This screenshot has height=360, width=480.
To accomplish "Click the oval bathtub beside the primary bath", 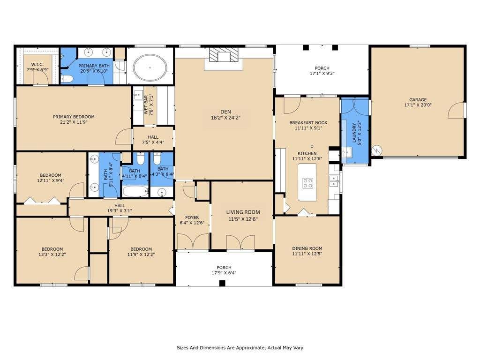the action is (150, 67).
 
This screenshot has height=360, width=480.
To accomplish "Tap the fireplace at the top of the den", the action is (224, 56).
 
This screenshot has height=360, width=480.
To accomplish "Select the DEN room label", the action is (225, 112).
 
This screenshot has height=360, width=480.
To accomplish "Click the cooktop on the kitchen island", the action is (308, 183).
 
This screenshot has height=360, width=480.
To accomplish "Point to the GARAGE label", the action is (418, 100).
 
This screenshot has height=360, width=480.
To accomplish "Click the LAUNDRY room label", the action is (354, 133).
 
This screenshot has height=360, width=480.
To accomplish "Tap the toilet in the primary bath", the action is (67, 79).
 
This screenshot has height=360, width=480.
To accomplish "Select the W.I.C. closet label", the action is (37, 65).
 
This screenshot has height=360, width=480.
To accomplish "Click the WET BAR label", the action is (146, 105).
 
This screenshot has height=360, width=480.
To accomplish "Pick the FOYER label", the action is (192, 217).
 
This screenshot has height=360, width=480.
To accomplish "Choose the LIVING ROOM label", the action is (243, 212).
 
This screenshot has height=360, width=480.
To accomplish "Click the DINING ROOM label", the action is (307, 248).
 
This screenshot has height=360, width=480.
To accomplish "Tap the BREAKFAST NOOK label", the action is (308, 123).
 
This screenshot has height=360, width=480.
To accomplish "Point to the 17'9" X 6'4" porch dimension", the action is (224, 273).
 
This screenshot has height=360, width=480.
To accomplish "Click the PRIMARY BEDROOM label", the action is (74, 117).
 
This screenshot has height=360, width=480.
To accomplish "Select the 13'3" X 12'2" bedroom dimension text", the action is (52, 255).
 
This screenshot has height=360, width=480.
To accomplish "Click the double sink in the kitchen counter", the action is (334, 181).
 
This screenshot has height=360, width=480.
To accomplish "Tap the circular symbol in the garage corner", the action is (377, 150).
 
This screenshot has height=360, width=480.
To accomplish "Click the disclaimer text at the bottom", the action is (240, 348).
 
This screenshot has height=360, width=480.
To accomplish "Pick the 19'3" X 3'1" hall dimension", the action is (120, 211).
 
